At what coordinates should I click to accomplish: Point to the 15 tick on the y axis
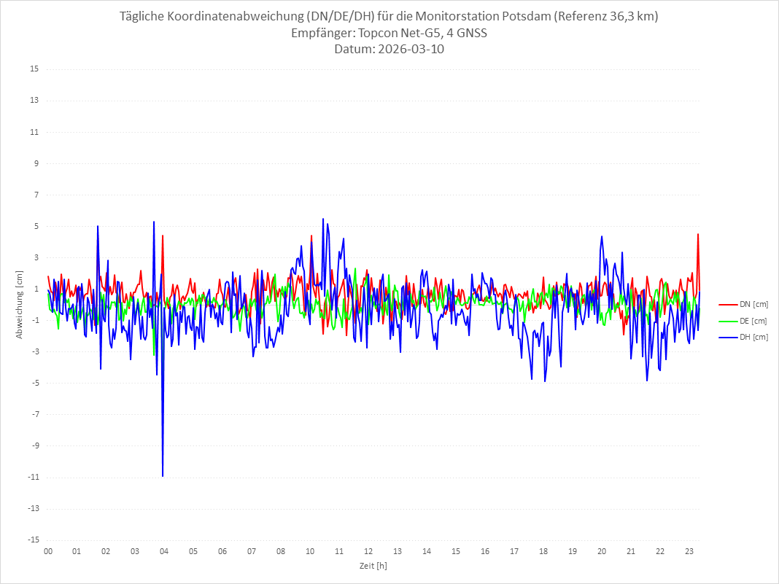point(34,69)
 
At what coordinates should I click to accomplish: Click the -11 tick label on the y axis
point(33,477)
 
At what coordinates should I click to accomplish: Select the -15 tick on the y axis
point(33,540)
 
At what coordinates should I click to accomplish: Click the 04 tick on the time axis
point(164,551)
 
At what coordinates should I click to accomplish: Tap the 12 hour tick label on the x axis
point(368,551)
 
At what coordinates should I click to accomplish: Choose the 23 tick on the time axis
point(689,551)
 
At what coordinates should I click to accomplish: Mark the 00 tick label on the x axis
point(47,551)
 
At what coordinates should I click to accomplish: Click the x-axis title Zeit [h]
point(373,565)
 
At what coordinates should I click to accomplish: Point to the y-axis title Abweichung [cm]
point(20,304)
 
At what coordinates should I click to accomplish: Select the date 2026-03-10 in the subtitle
point(408,50)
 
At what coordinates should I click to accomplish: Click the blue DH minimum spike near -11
point(163,475)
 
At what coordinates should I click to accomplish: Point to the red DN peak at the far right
point(698,235)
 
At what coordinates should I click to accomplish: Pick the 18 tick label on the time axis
point(543,551)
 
